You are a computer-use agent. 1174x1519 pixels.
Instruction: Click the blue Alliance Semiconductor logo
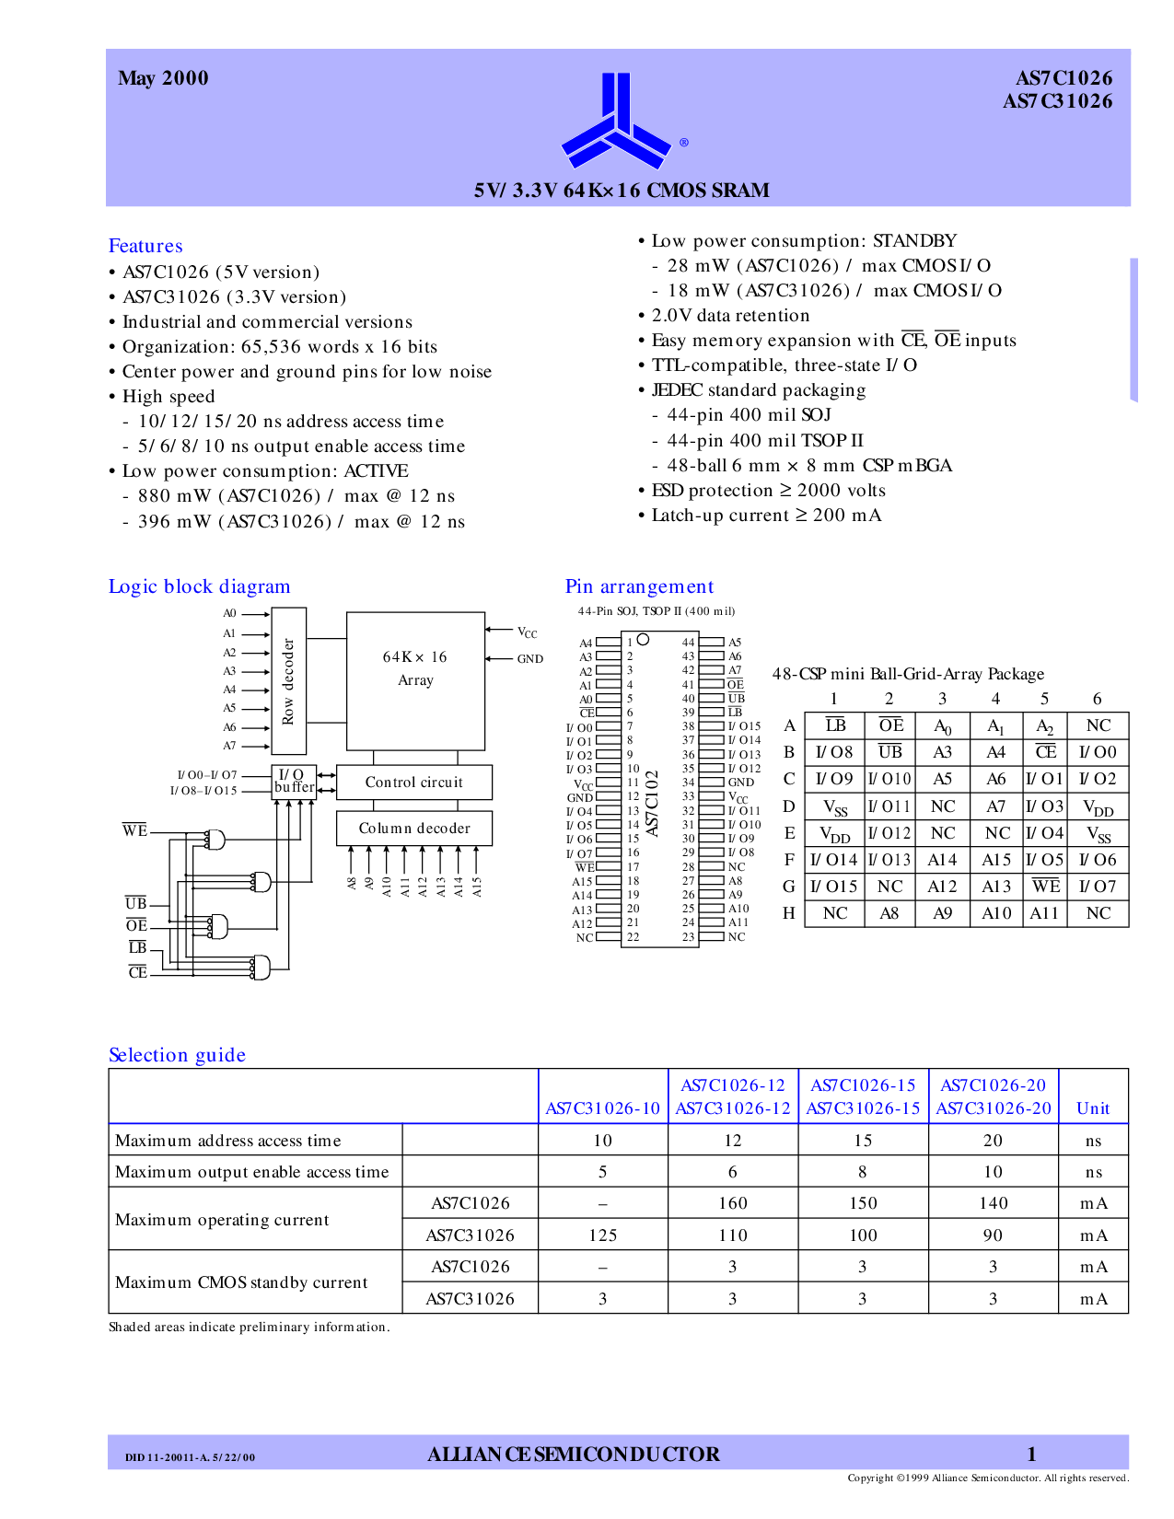pyautogui.click(x=615, y=121)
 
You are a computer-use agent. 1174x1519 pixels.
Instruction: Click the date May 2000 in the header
pyautogui.click(x=163, y=78)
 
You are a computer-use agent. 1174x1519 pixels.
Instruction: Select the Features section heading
pyautogui.click(x=145, y=246)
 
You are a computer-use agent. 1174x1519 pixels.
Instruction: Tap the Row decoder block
pyautogui.click(x=288, y=681)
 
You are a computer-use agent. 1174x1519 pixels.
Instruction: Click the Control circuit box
pyautogui.click(x=414, y=783)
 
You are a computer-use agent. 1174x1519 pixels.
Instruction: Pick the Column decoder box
pyautogui.click(x=414, y=829)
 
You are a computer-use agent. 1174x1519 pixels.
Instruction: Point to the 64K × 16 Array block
pyautogui.click(x=415, y=681)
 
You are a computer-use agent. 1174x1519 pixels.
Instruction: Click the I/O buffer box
pyautogui.click(x=294, y=782)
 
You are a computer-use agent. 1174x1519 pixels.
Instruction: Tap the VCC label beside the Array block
pyautogui.click(x=528, y=632)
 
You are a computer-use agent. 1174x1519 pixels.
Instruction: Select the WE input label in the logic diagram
pyautogui.click(x=135, y=830)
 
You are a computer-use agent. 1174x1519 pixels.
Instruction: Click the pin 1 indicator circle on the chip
pyautogui.click(x=644, y=640)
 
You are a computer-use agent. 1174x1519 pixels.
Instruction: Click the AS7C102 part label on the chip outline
pyautogui.click(x=652, y=803)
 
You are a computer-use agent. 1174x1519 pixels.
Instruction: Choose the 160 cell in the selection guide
pyautogui.click(x=733, y=1203)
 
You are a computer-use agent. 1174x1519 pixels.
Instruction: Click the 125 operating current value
pyautogui.click(x=603, y=1235)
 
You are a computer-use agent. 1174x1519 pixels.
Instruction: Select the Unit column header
pyautogui.click(x=1093, y=1108)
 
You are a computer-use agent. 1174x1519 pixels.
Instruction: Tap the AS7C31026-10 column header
pyautogui.click(x=603, y=1108)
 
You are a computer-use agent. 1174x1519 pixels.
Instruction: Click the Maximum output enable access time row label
pyautogui.click(x=251, y=1172)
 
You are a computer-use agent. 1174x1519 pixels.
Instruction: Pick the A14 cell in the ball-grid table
pyautogui.click(x=942, y=860)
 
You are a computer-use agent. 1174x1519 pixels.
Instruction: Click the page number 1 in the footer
pyautogui.click(x=1031, y=1454)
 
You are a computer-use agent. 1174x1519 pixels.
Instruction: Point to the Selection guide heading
pyautogui.click(x=177, y=1055)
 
